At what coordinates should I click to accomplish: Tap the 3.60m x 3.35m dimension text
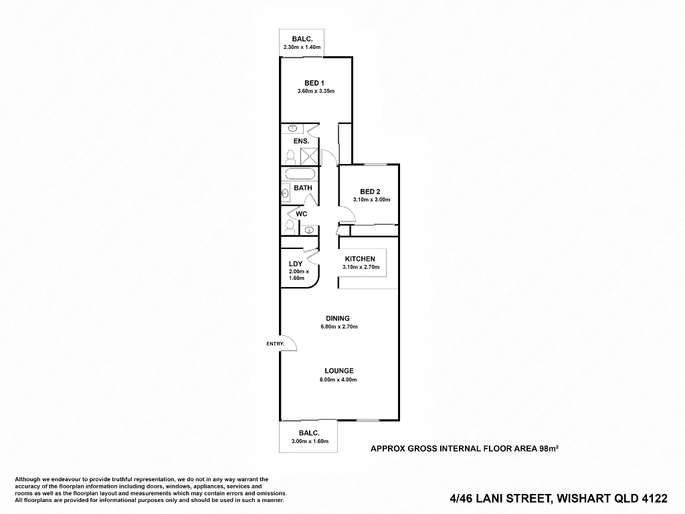pyautogui.click(x=316, y=91)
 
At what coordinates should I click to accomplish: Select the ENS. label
pyautogui.click(x=301, y=141)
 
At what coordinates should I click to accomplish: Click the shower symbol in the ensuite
pyautogui.click(x=309, y=156)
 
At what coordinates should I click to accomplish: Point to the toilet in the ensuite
pyautogui.click(x=290, y=158)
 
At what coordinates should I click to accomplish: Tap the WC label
pyautogui.click(x=302, y=213)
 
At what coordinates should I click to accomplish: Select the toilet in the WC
pyautogui.click(x=289, y=226)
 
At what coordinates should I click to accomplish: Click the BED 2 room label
pyautogui.click(x=370, y=191)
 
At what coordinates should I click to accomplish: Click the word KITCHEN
pyautogui.click(x=360, y=259)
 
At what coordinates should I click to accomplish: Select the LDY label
pyautogui.click(x=296, y=264)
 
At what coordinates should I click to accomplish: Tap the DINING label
pyautogui.click(x=338, y=319)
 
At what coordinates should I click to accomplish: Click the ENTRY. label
pyautogui.click(x=275, y=343)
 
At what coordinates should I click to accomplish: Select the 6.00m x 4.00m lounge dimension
pyautogui.click(x=338, y=379)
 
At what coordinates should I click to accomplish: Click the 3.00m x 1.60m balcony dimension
pyautogui.click(x=308, y=441)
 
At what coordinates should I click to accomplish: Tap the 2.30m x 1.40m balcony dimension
pyautogui.click(x=302, y=48)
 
